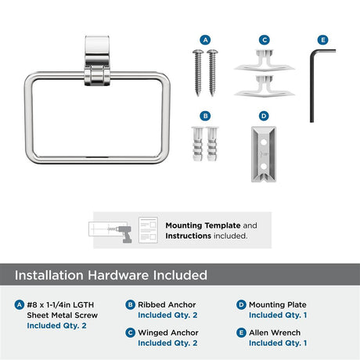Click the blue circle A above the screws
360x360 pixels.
(x=205, y=40)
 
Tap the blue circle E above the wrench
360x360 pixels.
(x=322, y=40)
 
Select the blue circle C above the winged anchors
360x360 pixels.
(x=265, y=40)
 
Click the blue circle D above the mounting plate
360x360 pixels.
(x=264, y=116)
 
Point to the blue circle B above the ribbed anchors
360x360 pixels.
(x=205, y=116)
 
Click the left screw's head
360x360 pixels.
(x=198, y=52)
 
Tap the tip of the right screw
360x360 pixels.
(x=212, y=95)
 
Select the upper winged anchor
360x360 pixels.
(x=265, y=61)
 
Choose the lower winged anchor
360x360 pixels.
(x=265, y=87)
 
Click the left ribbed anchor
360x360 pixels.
(x=198, y=143)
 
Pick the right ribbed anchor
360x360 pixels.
(x=213, y=143)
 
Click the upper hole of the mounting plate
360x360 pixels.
(x=264, y=142)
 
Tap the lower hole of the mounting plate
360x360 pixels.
(x=264, y=166)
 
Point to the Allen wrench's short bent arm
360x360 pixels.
(x=323, y=51)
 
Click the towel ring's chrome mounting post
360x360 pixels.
(x=97, y=60)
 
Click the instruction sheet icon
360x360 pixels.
(x=148, y=230)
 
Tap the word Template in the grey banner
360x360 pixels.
(x=222, y=225)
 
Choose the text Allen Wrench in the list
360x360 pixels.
(x=275, y=333)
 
